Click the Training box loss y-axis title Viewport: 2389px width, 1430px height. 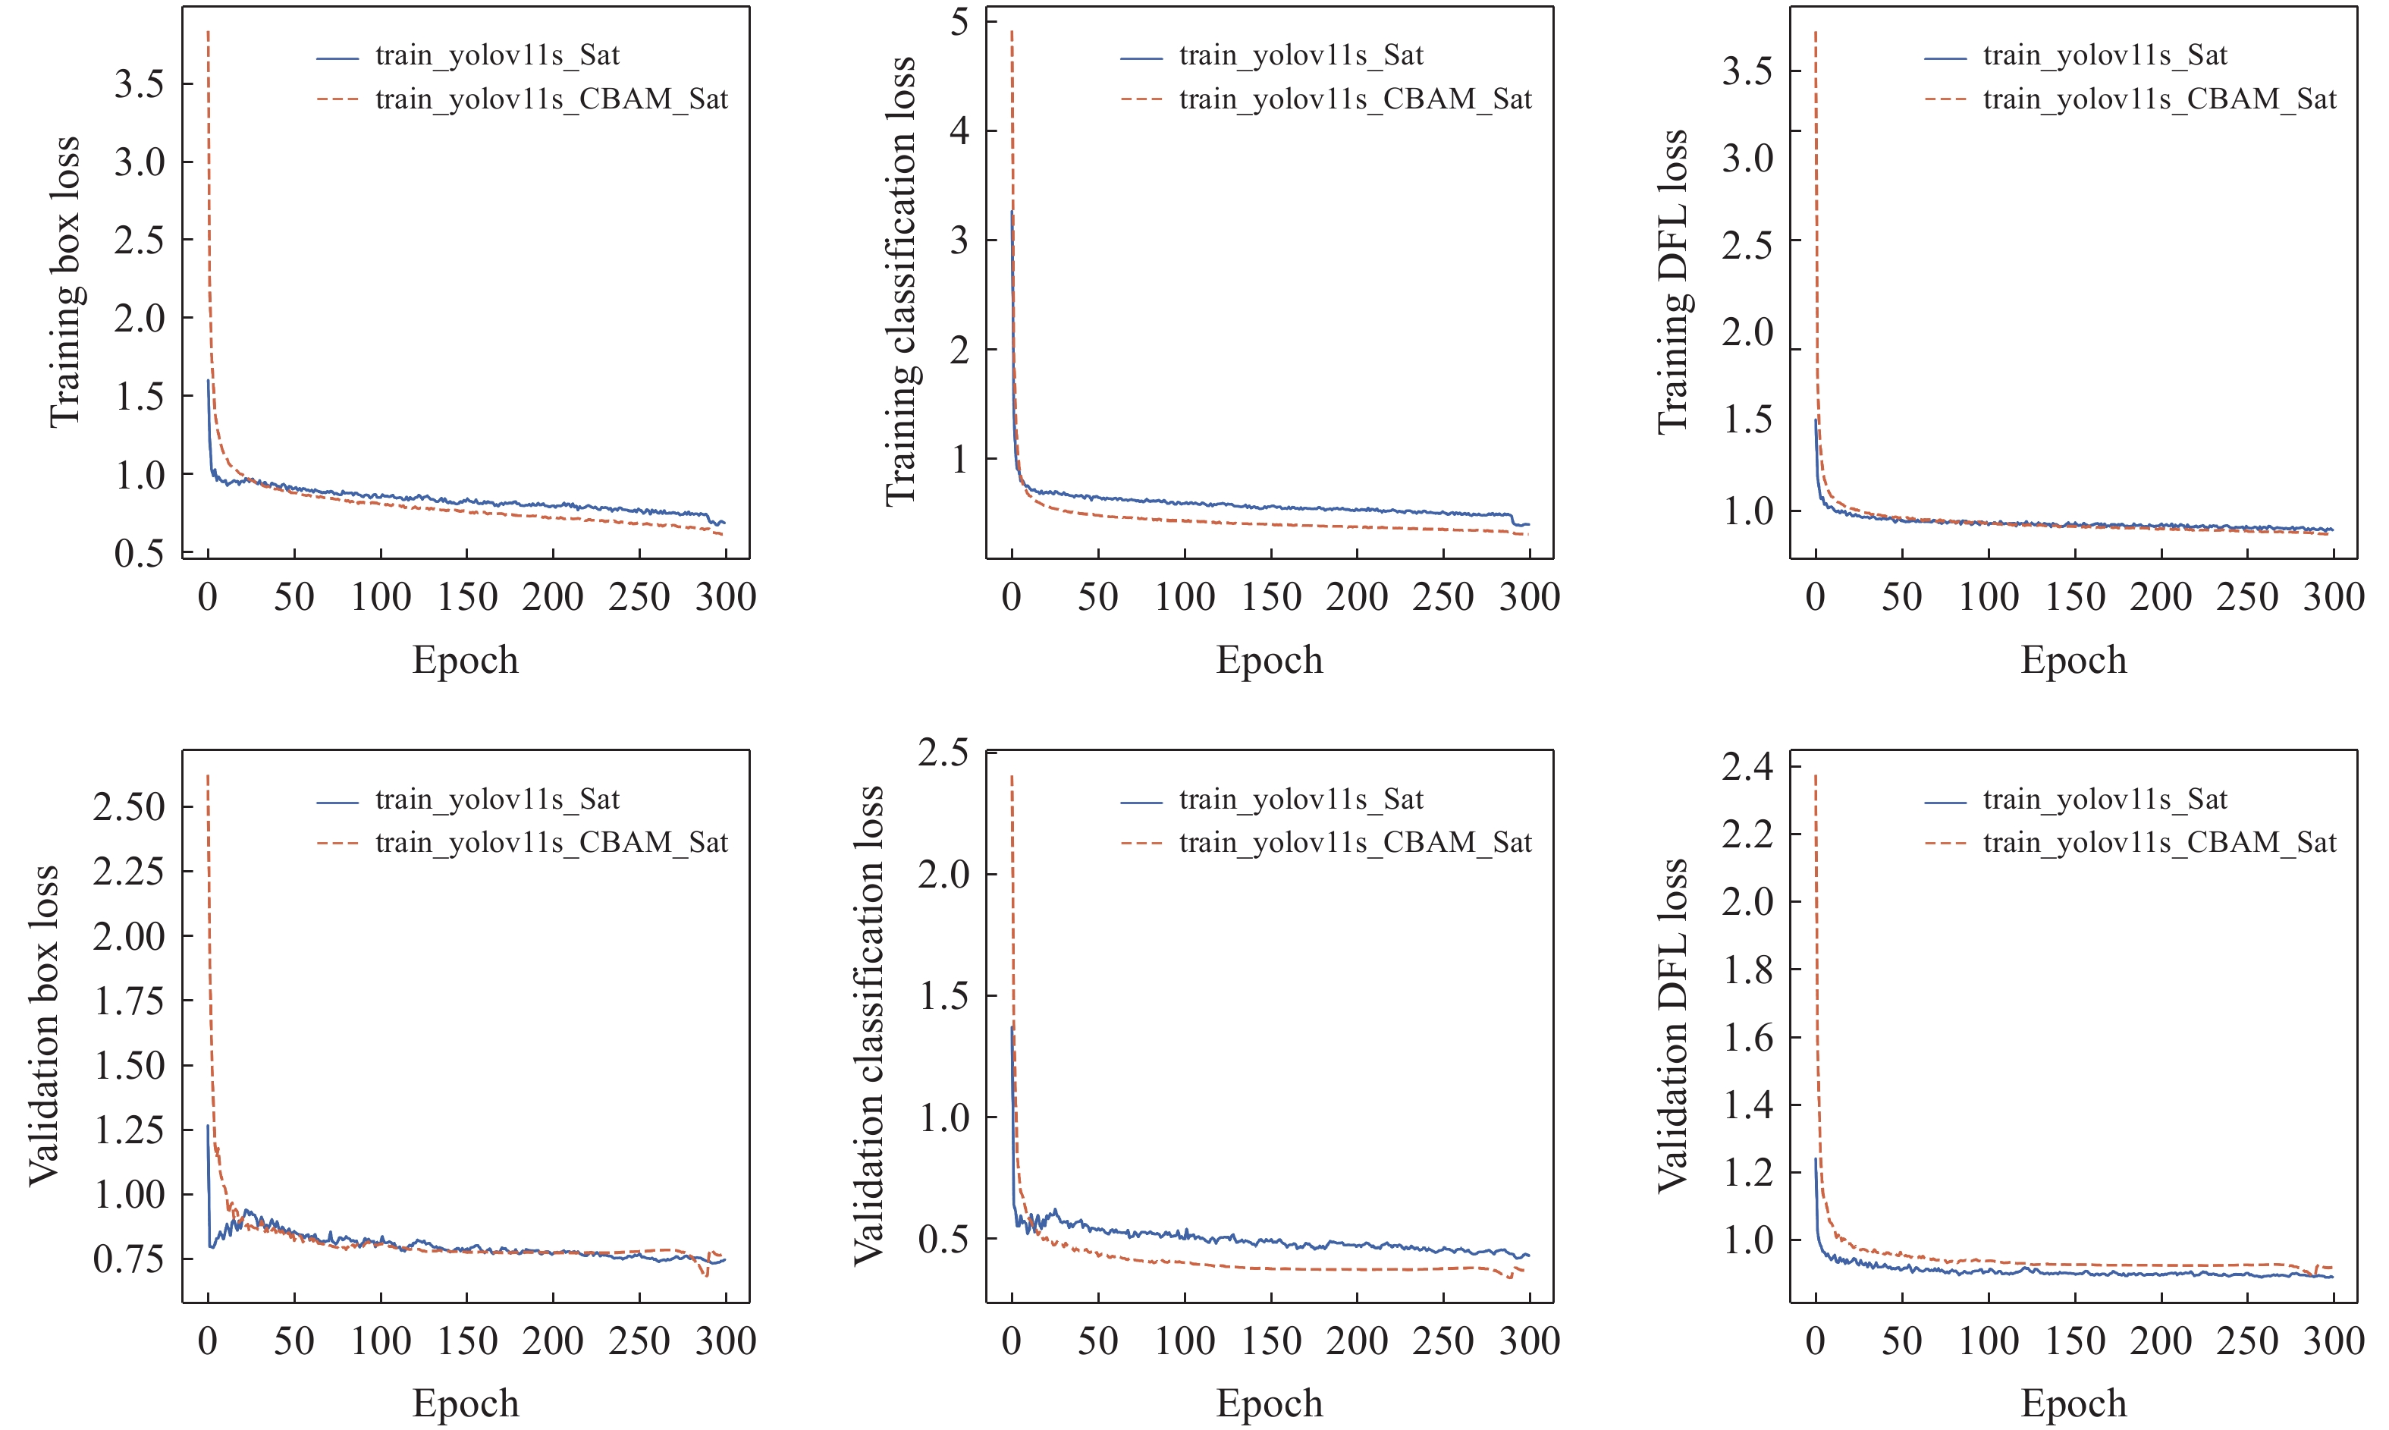point(64,281)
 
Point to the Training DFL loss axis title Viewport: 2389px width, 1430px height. point(1672,281)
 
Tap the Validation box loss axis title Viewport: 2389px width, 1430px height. point(43,1026)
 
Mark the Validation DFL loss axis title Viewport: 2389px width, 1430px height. point(1672,1026)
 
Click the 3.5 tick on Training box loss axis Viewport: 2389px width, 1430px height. point(139,84)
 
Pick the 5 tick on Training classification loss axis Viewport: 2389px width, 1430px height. point(959,21)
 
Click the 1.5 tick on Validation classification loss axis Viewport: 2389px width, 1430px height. point(944,995)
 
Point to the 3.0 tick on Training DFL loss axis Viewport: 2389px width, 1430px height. point(1747,157)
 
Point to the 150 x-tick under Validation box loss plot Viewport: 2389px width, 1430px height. point(467,1340)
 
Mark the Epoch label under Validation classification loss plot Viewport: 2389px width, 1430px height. point(1270,1403)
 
